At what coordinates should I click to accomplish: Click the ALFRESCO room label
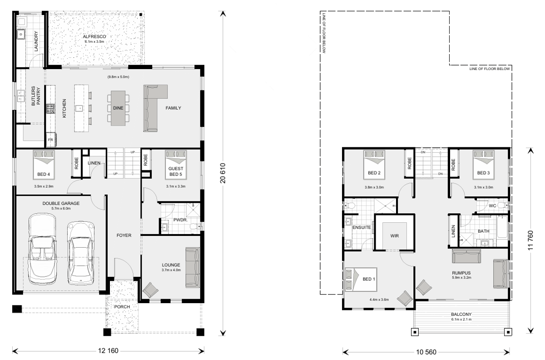pos(94,36)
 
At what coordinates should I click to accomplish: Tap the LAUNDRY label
pos(36,41)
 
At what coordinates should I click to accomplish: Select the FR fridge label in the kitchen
pos(50,140)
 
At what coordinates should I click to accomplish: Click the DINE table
pos(118,108)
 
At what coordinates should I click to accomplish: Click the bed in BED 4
pos(44,165)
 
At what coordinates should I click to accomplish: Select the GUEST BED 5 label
pos(176,171)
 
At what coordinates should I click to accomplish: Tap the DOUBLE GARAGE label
pos(61,203)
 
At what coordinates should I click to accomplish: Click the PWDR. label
pos(181,220)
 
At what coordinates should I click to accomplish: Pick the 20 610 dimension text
pos(223,173)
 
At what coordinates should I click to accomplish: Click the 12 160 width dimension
pos(108,351)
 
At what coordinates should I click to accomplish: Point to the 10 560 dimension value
pos(426,352)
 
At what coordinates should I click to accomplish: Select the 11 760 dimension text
pos(530,240)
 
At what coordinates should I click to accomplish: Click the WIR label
pos(394,236)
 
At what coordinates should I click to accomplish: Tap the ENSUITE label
pos(362,227)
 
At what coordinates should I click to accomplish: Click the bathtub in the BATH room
pos(502,227)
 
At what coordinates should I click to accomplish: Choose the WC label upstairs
pos(492,206)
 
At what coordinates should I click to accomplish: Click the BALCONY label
pos(461,315)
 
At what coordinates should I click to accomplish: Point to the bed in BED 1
pos(361,280)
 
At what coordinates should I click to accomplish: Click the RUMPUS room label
pos(461,273)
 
